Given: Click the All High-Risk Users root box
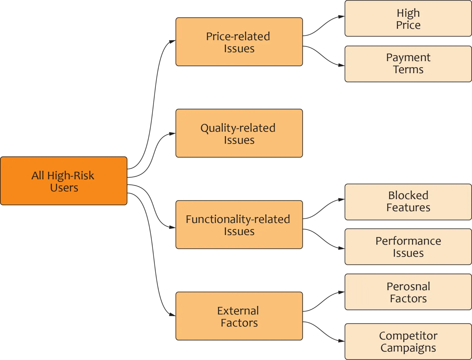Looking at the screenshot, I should pyautogui.click(x=64, y=181).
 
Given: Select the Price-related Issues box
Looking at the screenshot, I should pyautogui.click(x=239, y=42).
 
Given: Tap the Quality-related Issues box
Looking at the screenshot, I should pyautogui.click(x=239, y=133).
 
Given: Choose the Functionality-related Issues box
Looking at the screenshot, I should pyautogui.click(x=239, y=225).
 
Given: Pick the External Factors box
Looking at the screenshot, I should pyautogui.click(x=239, y=316).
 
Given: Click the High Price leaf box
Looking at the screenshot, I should pyautogui.click(x=408, y=18).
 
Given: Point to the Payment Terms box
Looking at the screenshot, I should pyautogui.click(x=408, y=64).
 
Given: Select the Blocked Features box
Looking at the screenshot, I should pyautogui.click(x=408, y=202).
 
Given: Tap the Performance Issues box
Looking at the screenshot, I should pyautogui.click(x=408, y=247).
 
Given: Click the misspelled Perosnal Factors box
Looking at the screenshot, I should pyautogui.click(x=408, y=292).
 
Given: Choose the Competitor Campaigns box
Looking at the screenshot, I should pyautogui.click(x=408, y=341).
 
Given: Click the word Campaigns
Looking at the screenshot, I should pyautogui.click(x=408, y=348).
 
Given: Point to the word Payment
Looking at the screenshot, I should pyautogui.click(x=408, y=58).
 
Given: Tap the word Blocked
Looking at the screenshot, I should pyautogui.click(x=408, y=195).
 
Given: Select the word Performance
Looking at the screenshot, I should pyautogui.click(x=408, y=241).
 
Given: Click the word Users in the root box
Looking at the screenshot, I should pyautogui.click(x=64, y=187).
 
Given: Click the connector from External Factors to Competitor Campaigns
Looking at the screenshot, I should pyautogui.click(x=324, y=331).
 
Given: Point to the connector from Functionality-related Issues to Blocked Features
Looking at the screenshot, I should pyautogui.click(x=324, y=208).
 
